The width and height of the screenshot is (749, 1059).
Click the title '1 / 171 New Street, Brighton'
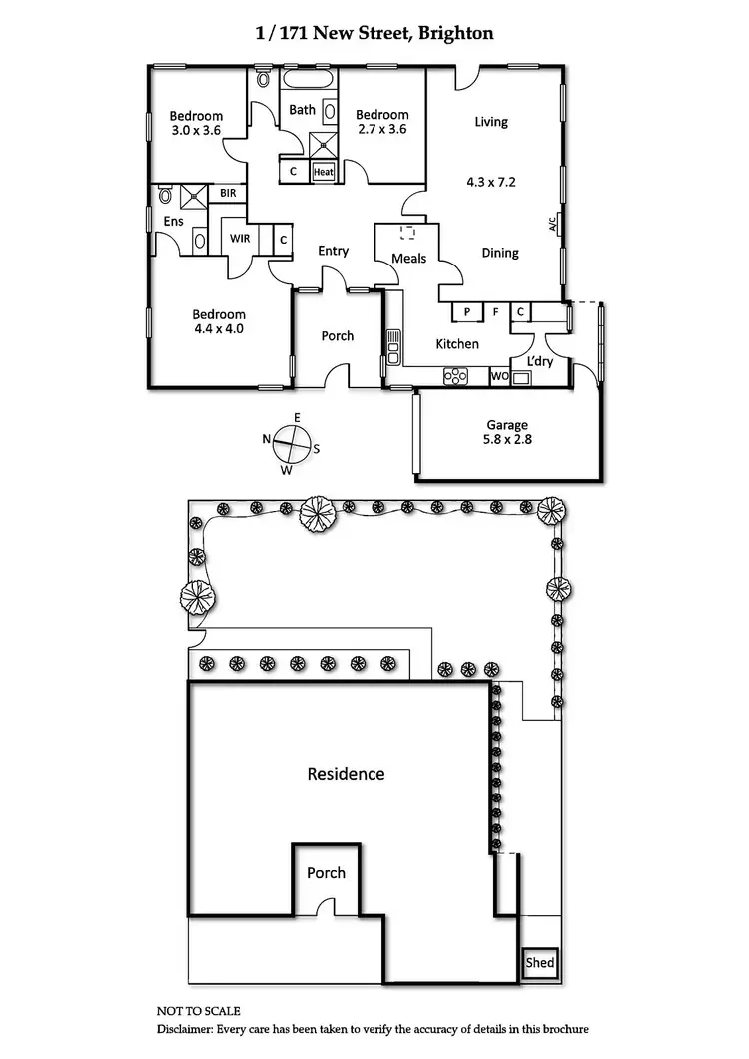coord(374,33)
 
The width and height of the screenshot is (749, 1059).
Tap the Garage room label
coord(507,425)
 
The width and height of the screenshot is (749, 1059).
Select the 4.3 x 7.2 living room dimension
coord(491,183)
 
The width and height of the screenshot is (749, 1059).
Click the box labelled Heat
coord(324,172)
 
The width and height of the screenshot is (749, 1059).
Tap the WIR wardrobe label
coord(240,239)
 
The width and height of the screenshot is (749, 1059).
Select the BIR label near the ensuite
coord(228,193)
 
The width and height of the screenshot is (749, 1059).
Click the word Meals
coord(409,259)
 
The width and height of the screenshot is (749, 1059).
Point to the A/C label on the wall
coord(552,225)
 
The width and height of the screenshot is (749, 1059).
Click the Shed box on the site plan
coord(540,964)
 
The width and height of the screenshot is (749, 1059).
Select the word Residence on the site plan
coord(346,774)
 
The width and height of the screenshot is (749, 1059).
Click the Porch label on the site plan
coord(326,873)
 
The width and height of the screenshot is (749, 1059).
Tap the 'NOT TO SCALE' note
coord(199,1011)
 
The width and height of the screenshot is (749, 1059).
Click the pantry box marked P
coord(466,312)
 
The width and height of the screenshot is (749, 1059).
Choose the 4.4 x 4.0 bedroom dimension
coord(220,328)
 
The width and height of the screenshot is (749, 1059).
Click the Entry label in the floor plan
coord(333,251)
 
